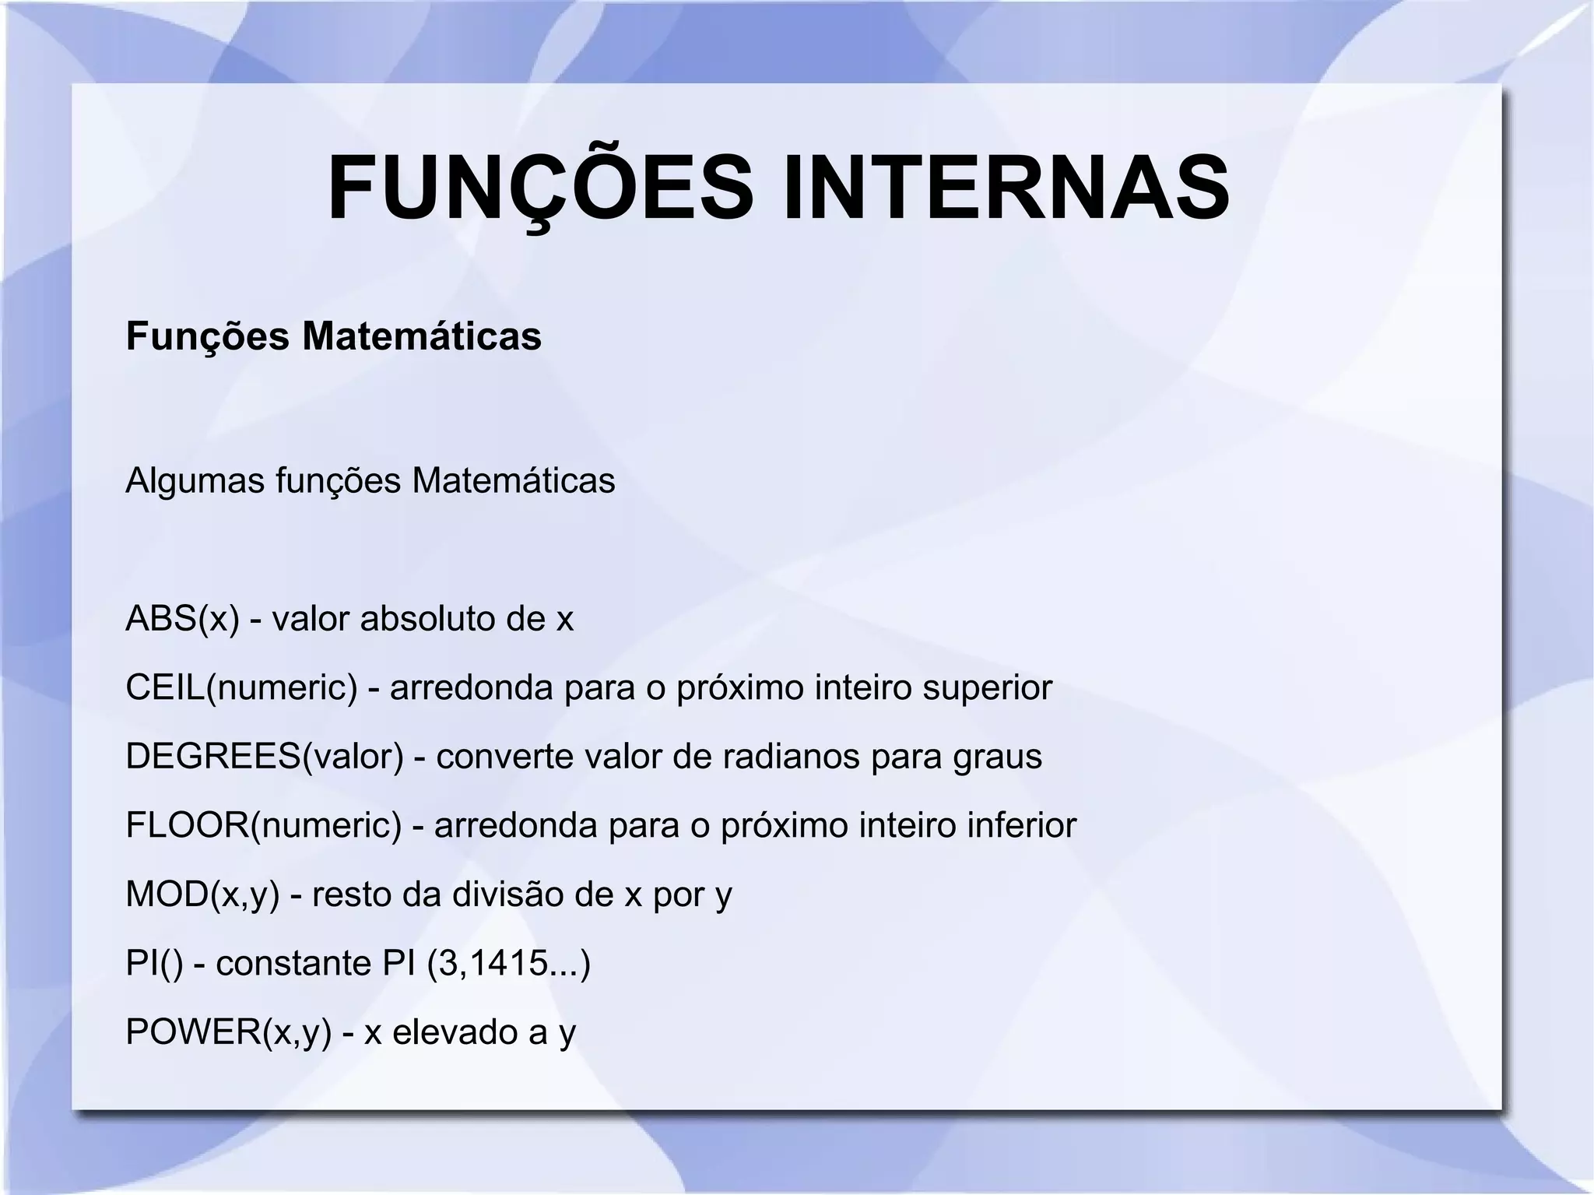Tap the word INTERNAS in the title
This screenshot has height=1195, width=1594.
pos(1006,189)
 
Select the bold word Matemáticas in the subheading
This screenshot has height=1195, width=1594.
pos(421,336)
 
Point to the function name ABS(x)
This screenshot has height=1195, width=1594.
pos(182,619)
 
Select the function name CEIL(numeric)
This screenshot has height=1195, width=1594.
pos(241,687)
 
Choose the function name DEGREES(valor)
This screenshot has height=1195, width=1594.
pos(264,756)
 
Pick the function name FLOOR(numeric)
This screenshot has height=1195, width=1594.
pos(263,825)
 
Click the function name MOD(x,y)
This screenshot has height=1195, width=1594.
pos(202,894)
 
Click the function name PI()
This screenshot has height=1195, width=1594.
pos(154,963)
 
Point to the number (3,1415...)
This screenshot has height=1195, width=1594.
pos(509,964)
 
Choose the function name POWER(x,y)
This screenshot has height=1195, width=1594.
pos(228,1032)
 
